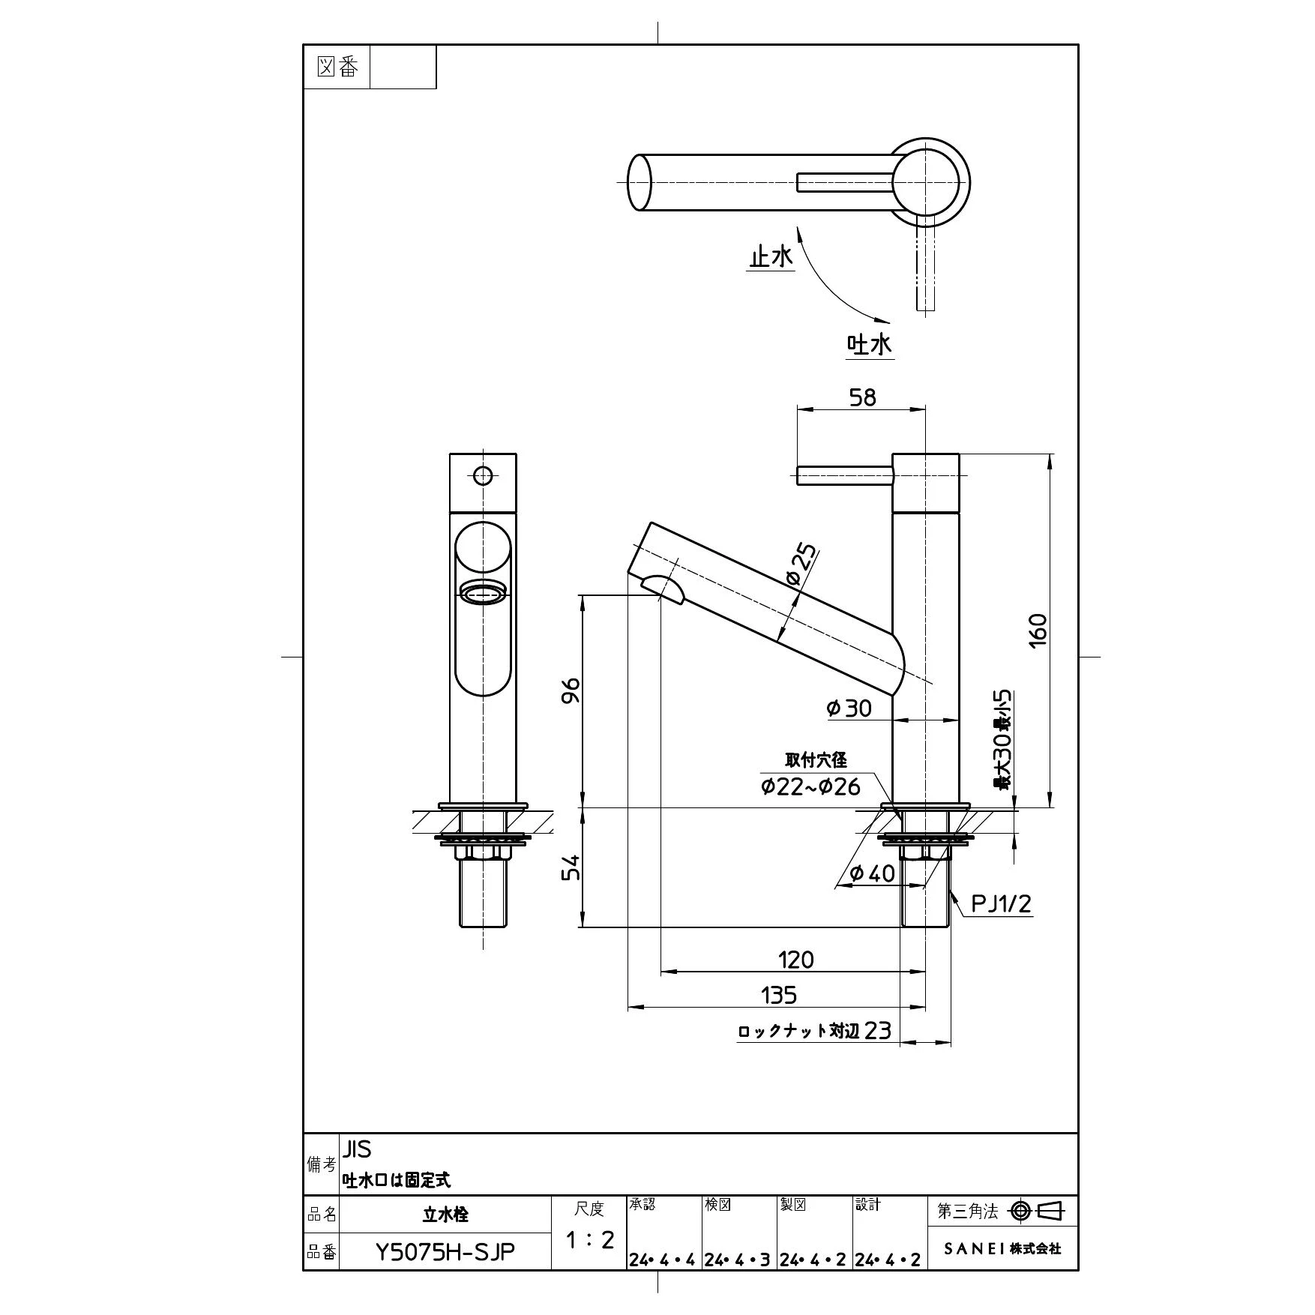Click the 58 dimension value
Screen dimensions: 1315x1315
[863, 397]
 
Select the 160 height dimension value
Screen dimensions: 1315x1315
[1038, 631]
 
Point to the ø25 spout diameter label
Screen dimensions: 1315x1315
[801, 567]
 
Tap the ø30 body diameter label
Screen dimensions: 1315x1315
[849, 708]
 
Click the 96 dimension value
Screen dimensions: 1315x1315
[571, 690]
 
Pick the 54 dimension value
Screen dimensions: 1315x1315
[571, 867]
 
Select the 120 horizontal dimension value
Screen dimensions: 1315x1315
[795, 959]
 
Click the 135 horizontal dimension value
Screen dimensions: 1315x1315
[778, 995]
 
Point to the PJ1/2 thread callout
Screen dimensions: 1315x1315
[1001, 903]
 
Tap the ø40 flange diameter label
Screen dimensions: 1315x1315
[872, 873]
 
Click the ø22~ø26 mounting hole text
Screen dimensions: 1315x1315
[810, 786]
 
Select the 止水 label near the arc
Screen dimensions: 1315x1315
[771, 257]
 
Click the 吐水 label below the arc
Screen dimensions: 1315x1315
[870, 345]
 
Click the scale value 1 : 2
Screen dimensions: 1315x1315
[589, 1240]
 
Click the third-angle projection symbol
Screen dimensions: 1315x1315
[1038, 1211]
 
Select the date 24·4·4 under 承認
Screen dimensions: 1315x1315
[663, 1260]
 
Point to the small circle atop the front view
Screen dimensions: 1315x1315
[483, 475]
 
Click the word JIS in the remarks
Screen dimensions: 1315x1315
[357, 1149]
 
